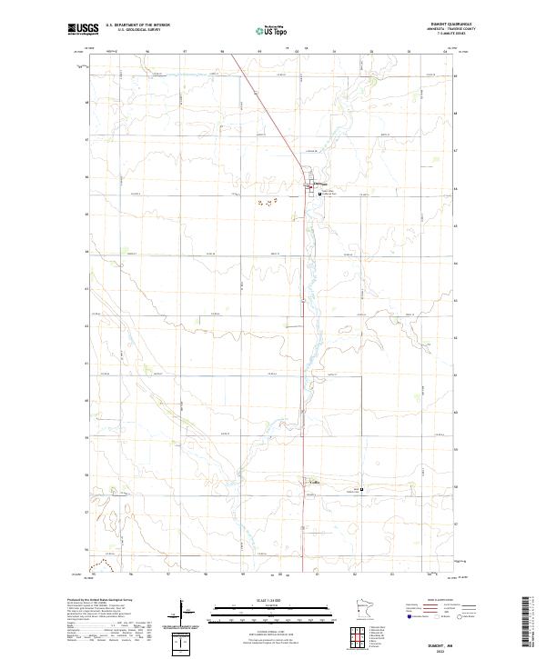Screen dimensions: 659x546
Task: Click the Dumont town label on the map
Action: point(319,183)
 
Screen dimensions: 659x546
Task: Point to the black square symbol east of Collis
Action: point(361,491)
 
